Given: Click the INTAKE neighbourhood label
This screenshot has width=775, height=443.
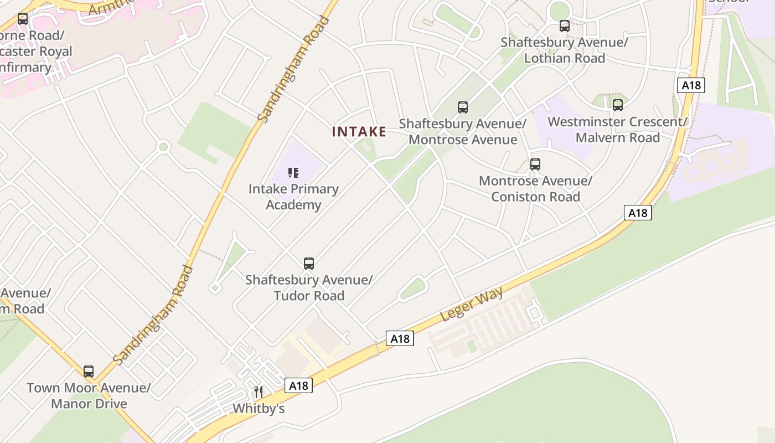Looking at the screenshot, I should click(359, 132).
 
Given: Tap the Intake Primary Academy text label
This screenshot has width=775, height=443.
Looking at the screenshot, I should click(293, 197).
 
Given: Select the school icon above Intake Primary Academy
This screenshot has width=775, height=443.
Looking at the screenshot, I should click(293, 173).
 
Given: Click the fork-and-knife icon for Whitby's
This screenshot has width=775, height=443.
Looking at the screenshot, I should click(259, 392).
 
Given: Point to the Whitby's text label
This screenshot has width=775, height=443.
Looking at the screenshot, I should click(259, 409).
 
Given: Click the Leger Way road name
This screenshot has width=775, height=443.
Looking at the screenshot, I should click(472, 304).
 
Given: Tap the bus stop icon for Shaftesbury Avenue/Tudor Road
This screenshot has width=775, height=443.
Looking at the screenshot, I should click(309, 263).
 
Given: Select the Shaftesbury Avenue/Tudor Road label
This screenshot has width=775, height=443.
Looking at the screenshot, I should click(309, 287).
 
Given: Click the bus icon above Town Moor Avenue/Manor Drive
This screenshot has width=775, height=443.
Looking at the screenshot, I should click(89, 371).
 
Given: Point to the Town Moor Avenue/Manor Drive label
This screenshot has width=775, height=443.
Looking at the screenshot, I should click(89, 395).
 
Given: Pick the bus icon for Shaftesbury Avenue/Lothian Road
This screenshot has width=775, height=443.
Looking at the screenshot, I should click(565, 25).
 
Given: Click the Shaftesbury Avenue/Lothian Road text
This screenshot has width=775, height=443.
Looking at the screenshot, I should click(565, 50).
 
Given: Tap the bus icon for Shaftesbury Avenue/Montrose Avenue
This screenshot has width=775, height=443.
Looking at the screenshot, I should click(463, 107).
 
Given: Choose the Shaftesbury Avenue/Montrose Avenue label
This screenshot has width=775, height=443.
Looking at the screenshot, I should click(463, 131).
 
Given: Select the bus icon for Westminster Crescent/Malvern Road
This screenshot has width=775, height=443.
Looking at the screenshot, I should click(618, 105).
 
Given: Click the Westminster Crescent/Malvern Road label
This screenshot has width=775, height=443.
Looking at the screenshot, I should click(618, 129).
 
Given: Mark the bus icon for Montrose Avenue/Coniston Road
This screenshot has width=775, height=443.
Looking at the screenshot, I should click(535, 164).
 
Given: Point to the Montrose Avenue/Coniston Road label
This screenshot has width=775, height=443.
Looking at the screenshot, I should click(535, 188).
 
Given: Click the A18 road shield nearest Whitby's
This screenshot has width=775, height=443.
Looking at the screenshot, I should click(298, 385).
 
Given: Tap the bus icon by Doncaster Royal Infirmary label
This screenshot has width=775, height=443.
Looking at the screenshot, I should click(23, 19).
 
